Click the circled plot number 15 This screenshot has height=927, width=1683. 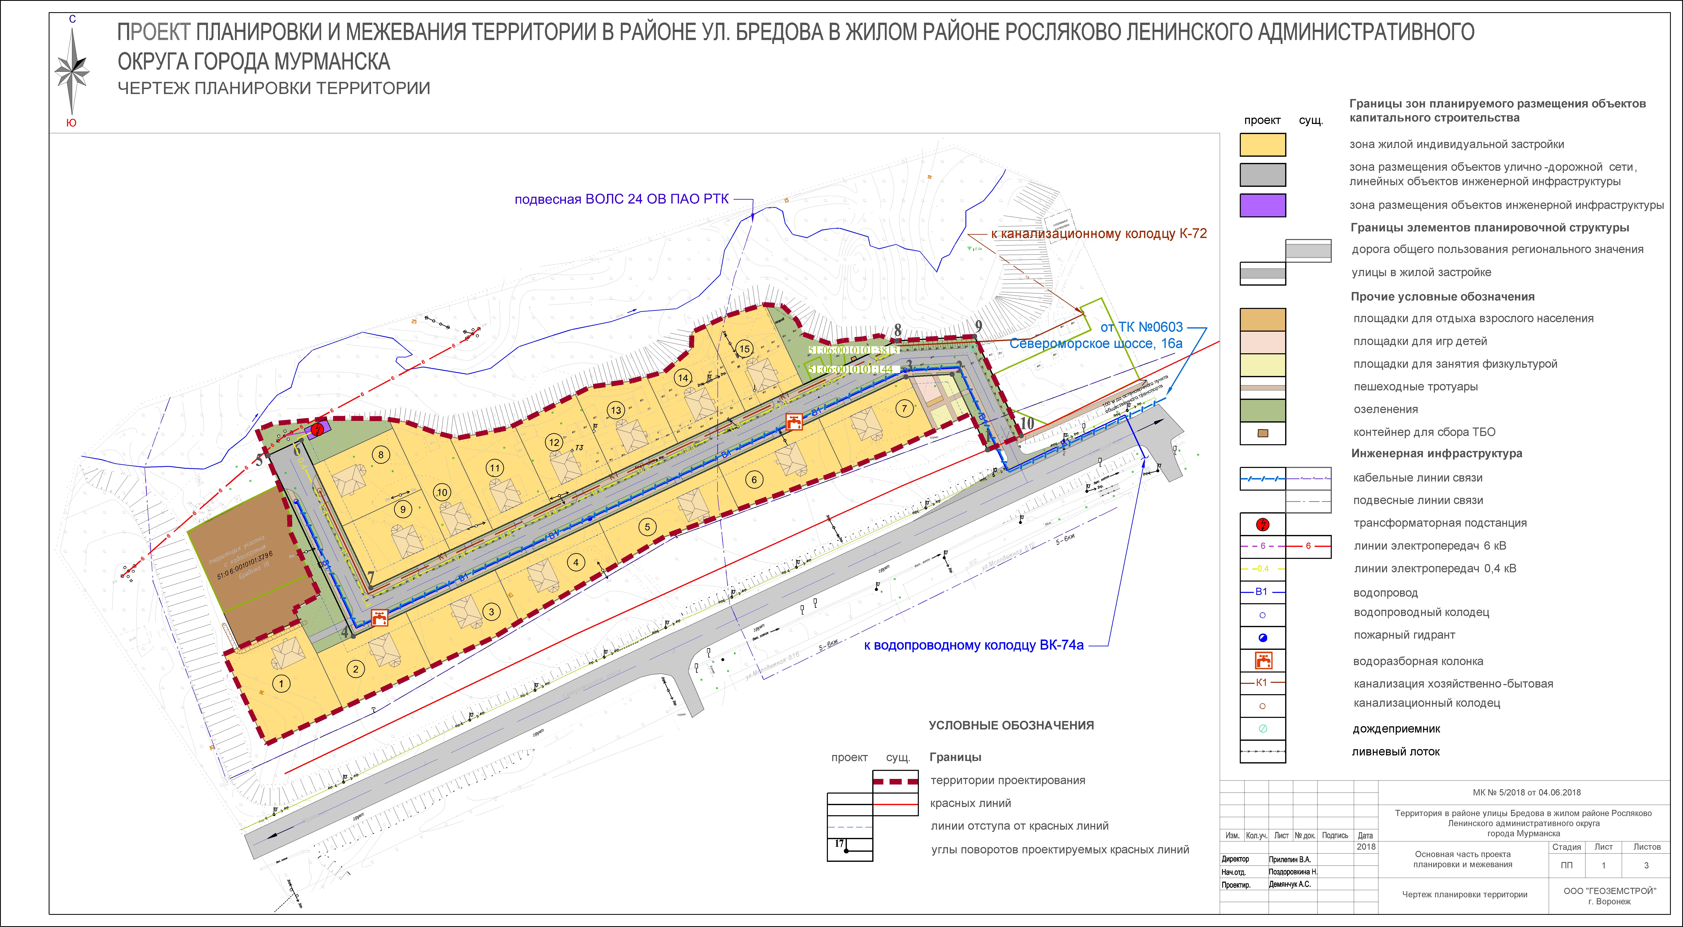(x=744, y=349)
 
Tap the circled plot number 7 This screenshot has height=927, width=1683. (x=904, y=409)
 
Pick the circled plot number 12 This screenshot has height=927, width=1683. (x=554, y=442)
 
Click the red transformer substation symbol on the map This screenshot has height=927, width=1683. (x=317, y=429)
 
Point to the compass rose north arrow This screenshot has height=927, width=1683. (x=72, y=72)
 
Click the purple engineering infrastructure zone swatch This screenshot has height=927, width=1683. (x=1262, y=205)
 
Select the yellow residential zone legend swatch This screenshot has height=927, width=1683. (x=1262, y=144)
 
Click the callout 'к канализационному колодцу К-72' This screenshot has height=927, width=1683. (x=1098, y=234)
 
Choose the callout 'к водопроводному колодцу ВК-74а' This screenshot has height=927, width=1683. (x=973, y=645)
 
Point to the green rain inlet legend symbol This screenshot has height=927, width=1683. (x=1262, y=728)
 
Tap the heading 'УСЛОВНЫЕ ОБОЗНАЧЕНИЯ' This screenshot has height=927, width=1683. (x=1011, y=725)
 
